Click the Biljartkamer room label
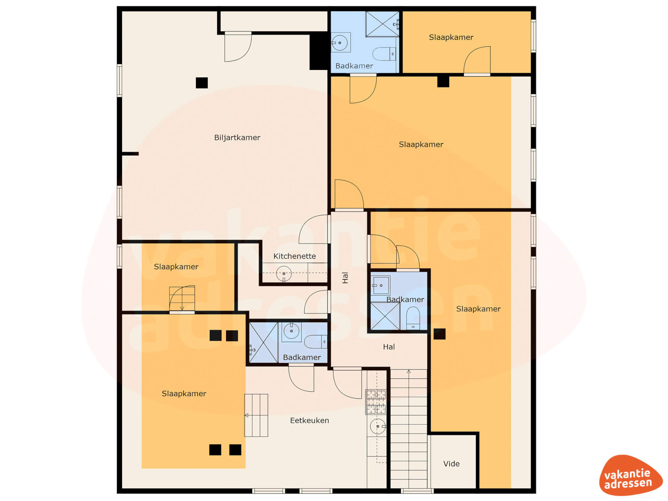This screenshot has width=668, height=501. click(237, 138)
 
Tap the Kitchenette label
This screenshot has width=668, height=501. click(294, 256)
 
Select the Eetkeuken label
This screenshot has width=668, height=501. click(309, 421)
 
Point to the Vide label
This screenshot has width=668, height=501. click(451, 464)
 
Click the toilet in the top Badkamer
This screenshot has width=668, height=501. click(384, 54)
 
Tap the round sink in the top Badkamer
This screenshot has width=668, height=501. click(340, 43)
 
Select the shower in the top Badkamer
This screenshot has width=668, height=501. click(382, 24)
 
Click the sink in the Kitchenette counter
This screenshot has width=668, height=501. click(284, 274)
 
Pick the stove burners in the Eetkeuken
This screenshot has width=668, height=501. click(376, 402)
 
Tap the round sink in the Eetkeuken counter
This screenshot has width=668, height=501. click(377, 427)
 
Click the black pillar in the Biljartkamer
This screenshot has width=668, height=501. click(202, 83)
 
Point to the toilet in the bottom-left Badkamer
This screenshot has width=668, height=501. click(316, 342)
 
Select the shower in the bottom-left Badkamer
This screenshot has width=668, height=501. click(264, 343)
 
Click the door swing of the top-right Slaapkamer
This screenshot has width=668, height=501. click(477, 60)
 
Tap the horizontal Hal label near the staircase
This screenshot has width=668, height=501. click(389, 347)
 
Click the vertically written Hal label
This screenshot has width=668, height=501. click(345, 278)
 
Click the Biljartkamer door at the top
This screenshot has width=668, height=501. click(238, 47)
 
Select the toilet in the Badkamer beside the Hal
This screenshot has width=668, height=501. click(413, 318)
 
